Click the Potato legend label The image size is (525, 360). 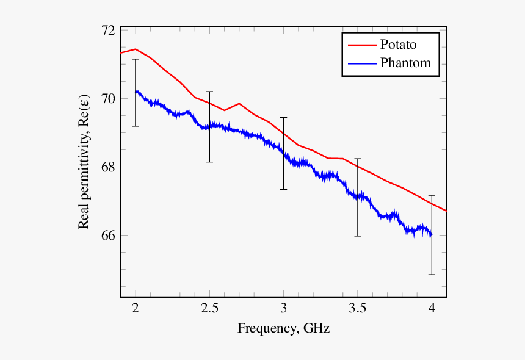(399, 45)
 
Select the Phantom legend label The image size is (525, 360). (405, 62)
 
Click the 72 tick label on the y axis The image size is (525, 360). (109, 31)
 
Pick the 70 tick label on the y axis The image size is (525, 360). (109, 98)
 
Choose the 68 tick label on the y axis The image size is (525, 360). (109, 167)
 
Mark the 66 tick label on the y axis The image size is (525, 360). (109, 235)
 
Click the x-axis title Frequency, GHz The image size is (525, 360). (283, 329)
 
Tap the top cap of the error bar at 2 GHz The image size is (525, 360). (136, 59)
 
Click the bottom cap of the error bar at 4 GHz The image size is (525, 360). (432, 275)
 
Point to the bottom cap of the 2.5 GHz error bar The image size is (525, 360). (209, 162)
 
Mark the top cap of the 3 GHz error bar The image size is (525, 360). (284, 118)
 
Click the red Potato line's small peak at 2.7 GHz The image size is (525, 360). (239, 104)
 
